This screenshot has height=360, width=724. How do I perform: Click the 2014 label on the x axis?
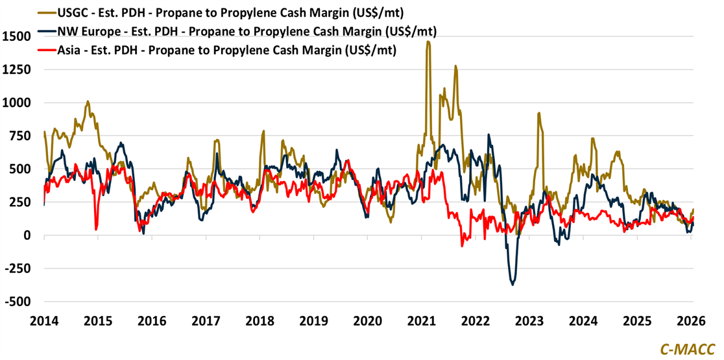44,320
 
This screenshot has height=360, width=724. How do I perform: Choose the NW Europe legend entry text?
247,31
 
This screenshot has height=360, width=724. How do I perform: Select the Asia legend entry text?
227,49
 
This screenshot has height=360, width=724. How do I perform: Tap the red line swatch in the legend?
45,49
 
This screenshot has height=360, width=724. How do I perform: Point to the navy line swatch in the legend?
45,31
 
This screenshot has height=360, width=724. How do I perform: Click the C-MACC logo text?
688,348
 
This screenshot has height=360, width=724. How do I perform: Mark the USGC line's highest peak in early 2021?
428,42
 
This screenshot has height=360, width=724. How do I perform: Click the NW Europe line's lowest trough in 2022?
513,284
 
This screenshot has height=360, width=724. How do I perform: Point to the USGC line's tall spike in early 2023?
538,114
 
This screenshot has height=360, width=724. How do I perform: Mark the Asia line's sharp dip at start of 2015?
96,228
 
